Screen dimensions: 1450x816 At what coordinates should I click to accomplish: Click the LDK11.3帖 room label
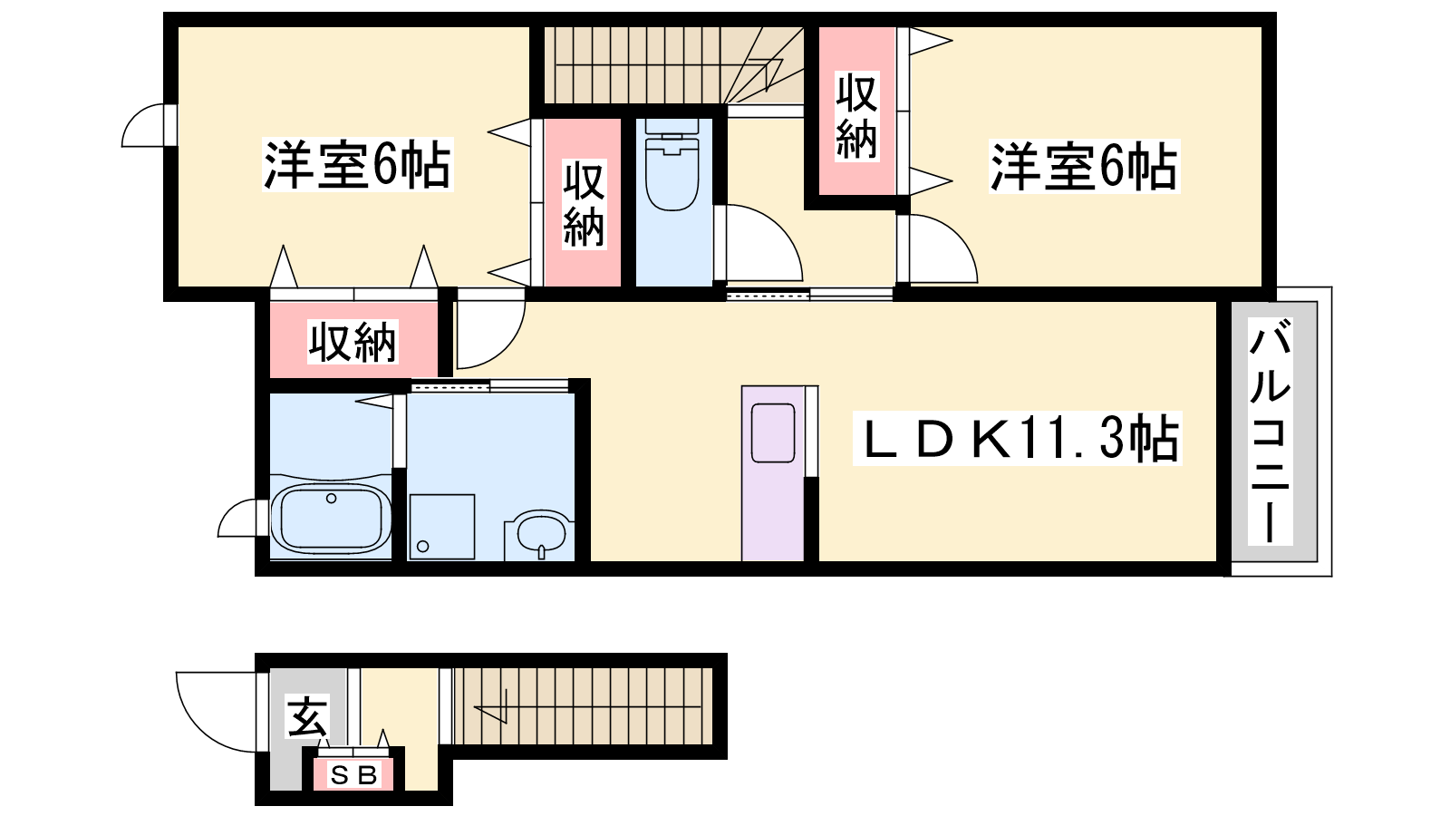click(x=1018, y=438)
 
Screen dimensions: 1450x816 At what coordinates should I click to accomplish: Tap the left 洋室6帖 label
click(x=357, y=164)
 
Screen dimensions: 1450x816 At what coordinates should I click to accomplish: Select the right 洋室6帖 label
click(x=1084, y=167)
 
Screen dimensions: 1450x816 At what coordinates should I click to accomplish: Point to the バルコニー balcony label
click(x=1270, y=431)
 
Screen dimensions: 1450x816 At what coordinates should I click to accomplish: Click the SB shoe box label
click(x=353, y=774)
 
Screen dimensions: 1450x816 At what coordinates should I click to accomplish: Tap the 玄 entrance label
click(x=307, y=716)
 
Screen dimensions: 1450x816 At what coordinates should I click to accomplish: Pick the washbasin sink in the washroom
click(x=541, y=534)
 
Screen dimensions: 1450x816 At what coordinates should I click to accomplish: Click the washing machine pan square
click(x=441, y=527)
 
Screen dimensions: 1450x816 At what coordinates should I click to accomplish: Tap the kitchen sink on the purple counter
click(x=773, y=432)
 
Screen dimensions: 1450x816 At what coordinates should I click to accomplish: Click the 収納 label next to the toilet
click(x=584, y=203)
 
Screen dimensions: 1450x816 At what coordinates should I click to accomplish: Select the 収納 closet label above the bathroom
click(x=353, y=341)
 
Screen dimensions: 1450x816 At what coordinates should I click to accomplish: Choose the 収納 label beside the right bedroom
click(x=856, y=115)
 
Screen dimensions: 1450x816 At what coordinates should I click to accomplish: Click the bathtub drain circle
click(x=332, y=498)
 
